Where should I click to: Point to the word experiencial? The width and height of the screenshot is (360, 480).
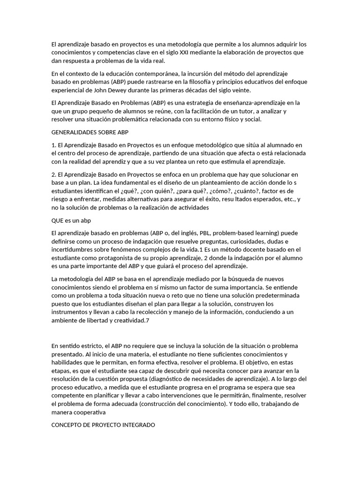point(70,90)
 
